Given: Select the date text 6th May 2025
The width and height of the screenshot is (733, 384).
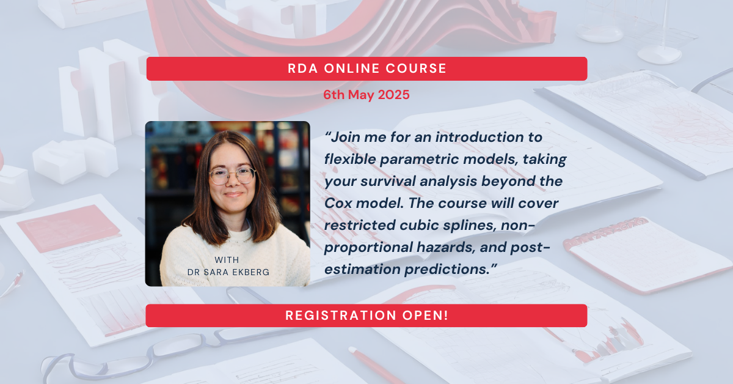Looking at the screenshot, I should [366, 95].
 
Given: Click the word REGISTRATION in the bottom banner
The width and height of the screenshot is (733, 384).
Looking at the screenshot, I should [338, 316].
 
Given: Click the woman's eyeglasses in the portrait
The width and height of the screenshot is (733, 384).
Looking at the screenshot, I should [232, 176].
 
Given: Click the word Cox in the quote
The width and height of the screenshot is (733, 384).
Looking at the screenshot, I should [338, 203].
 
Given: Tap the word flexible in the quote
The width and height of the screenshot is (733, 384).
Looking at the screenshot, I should [352, 160].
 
